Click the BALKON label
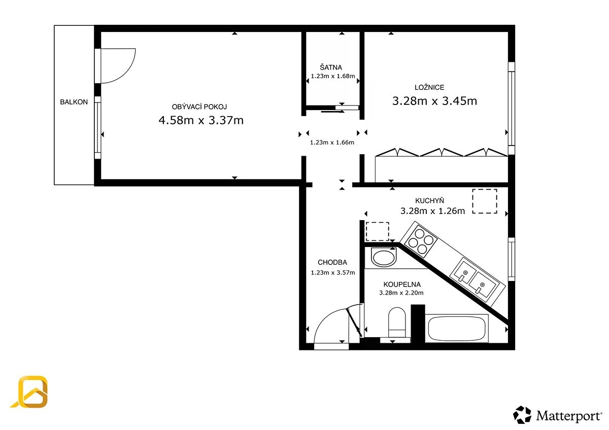(74, 102)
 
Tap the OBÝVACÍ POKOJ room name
(199, 107)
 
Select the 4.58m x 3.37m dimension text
(201, 120)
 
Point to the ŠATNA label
(331, 67)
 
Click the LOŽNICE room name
(429, 87)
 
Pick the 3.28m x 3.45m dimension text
(434, 101)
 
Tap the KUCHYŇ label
(429, 200)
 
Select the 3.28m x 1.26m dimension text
(432, 211)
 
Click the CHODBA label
(332, 262)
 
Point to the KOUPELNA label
(402, 284)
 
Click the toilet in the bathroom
(397, 322)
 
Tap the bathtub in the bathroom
(457, 328)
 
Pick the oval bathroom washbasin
(383, 258)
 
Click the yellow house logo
(30, 392)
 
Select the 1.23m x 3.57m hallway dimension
(333, 272)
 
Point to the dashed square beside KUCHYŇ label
(485, 201)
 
